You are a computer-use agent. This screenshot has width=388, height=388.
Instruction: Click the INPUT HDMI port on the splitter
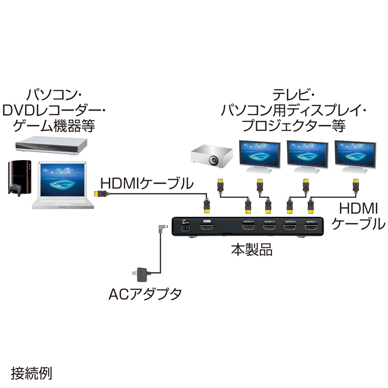(x=208, y=226)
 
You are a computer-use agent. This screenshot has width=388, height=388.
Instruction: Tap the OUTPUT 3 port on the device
(x=269, y=226)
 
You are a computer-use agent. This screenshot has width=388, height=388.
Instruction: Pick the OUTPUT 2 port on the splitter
(x=290, y=226)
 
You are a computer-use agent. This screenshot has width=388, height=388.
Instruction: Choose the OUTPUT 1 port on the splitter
(x=311, y=226)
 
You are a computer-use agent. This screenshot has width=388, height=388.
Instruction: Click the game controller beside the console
(x=16, y=190)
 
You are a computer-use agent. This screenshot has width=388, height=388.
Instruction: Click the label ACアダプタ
(x=145, y=293)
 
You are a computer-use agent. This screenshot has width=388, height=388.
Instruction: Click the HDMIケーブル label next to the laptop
(x=146, y=184)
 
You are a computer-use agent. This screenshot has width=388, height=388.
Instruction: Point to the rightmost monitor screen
(x=355, y=154)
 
